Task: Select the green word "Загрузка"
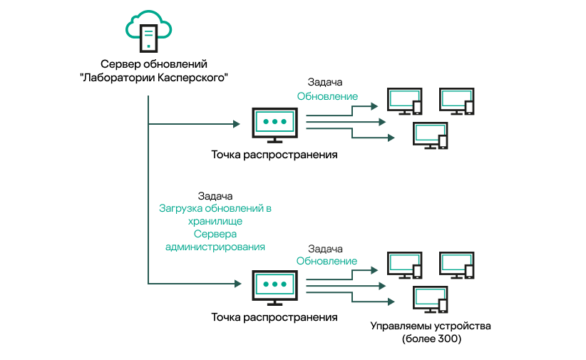tap(181, 209)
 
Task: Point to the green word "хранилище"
tap(215, 222)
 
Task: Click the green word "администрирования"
tap(215, 247)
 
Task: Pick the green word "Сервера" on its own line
tap(215, 235)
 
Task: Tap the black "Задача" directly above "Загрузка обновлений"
tap(215, 195)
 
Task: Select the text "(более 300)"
tap(431, 339)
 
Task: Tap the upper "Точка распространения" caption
tap(274, 154)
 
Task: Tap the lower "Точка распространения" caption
tap(274, 316)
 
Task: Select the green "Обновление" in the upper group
tap(327, 96)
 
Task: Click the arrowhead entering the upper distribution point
tap(236, 124)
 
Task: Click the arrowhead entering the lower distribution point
tap(236, 284)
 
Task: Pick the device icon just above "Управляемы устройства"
tap(431, 298)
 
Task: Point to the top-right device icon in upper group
tap(457, 101)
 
